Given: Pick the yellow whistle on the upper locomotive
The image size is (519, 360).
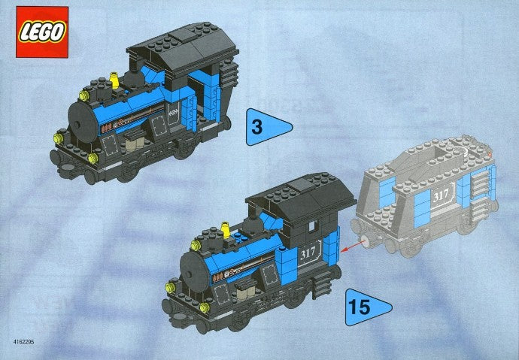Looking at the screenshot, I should [x=114, y=77].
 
